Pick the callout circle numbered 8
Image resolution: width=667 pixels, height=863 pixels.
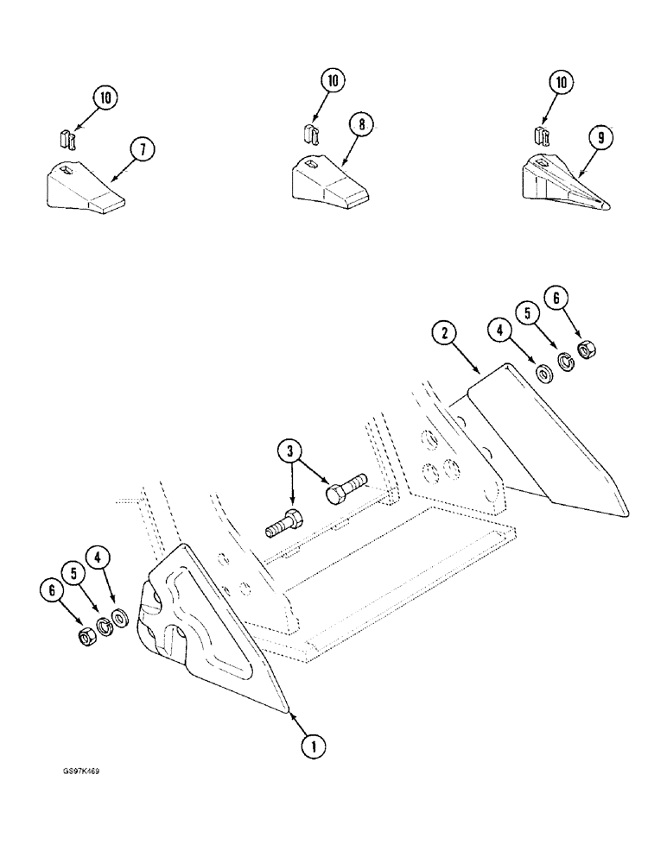click(361, 125)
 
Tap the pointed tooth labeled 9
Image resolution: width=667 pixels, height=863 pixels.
click(562, 185)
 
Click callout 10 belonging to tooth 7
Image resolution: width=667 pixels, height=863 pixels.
click(105, 98)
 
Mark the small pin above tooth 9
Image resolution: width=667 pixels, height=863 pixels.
click(542, 135)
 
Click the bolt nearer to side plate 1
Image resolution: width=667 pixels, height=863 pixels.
click(283, 524)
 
